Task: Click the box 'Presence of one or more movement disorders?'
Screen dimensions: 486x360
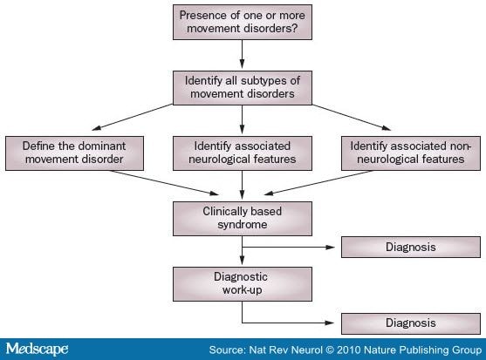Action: tap(243, 22)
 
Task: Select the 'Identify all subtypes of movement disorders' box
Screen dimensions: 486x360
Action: tap(243, 87)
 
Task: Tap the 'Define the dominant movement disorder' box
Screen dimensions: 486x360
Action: tap(74, 153)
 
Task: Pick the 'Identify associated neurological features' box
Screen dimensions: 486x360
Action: tap(243, 153)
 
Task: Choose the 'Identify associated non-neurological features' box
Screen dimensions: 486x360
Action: tap(411, 153)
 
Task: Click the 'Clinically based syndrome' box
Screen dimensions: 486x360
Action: tap(243, 219)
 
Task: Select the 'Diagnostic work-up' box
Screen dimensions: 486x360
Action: tap(243, 284)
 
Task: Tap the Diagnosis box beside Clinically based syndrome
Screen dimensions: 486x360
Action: tap(411, 247)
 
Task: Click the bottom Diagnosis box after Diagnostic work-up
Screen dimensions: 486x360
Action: tap(411, 323)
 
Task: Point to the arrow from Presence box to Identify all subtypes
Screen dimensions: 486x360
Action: tap(242, 54)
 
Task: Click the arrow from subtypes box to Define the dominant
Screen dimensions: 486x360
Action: tap(133, 117)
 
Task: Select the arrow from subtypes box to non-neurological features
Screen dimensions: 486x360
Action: tap(352, 118)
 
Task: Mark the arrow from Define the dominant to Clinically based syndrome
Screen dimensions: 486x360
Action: tap(165, 183)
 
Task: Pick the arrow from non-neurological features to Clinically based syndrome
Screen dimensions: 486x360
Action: tap(318, 183)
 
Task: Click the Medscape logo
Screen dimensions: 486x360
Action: tap(37, 349)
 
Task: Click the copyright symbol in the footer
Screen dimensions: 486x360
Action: tap(330, 350)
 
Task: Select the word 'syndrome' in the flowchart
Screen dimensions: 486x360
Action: tap(243, 225)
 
